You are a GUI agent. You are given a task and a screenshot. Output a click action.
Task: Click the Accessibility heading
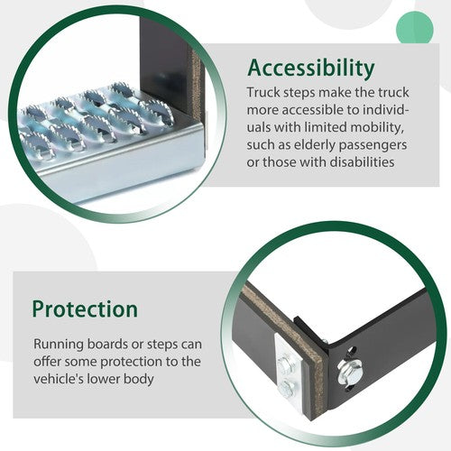[x=311, y=69]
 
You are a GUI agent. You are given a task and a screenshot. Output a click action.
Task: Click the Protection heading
[x=85, y=309]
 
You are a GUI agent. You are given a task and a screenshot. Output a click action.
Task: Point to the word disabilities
[x=362, y=162]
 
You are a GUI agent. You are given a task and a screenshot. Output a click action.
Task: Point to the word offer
[x=47, y=361]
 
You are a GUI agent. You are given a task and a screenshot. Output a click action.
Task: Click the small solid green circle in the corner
[x=415, y=29]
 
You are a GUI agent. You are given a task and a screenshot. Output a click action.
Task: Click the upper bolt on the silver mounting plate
[x=285, y=365]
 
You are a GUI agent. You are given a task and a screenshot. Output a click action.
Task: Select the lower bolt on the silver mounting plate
[x=286, y=388]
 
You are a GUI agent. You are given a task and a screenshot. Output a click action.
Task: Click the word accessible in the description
[x=312, y=110]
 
